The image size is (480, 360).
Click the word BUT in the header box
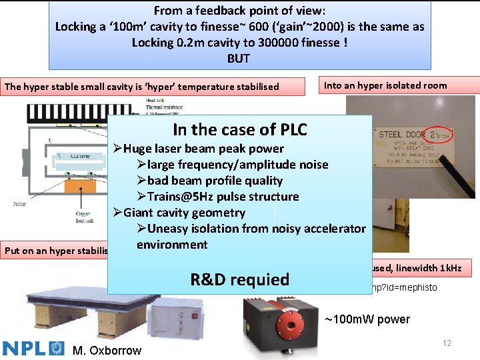coord(239,58)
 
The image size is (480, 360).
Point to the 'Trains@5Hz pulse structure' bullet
coord(218,197)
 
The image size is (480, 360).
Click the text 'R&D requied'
coord(239,279)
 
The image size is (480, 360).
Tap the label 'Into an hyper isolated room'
coord(385,85)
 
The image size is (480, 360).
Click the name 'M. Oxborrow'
coord(106,349)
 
